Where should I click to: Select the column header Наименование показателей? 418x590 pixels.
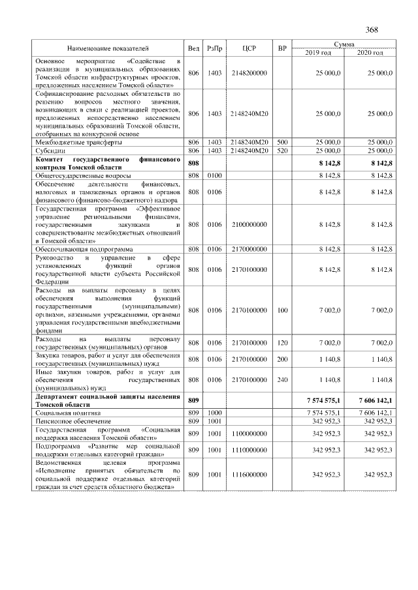point(108,48)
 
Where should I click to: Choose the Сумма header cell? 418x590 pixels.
point(344,44)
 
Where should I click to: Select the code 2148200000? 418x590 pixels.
point(249,74)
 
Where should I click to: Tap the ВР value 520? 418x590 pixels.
point(282,151)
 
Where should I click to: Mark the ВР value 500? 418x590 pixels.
point(282,142)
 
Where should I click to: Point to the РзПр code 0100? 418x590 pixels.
point(214,176)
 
